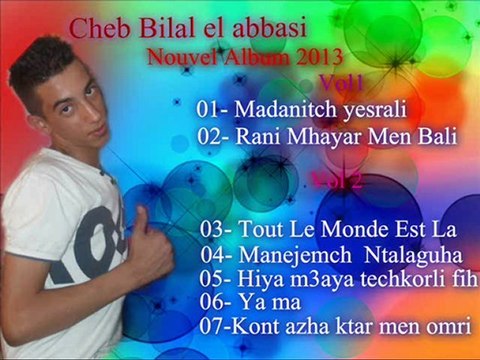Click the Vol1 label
pyautogui.click(x=340, y=81)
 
